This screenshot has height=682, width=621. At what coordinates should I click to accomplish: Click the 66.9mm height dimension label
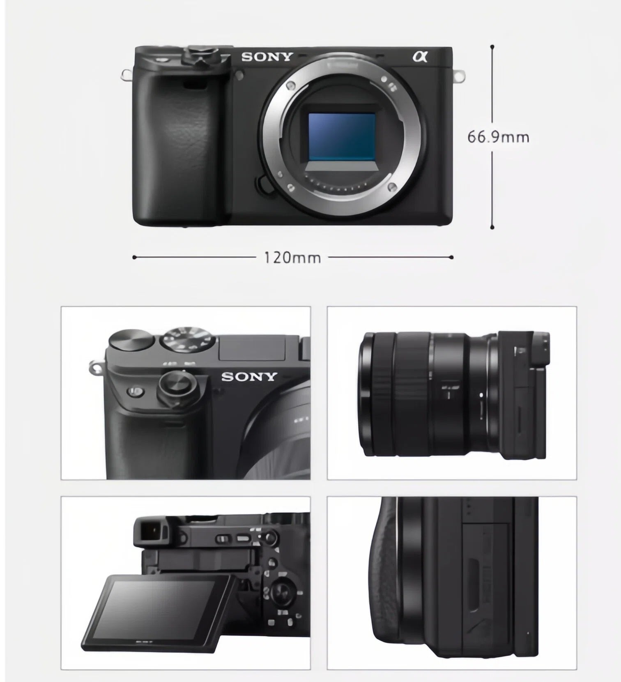pyautogui.click(x=498, y=137)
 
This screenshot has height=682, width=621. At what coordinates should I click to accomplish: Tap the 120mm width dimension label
pyautogui.click(x=292, y=258)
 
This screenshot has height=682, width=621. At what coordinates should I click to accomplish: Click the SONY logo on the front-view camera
pyautogui.click(x=267, y=57)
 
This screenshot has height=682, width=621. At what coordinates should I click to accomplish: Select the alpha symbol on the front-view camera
pyautogui.click(x=420, y=56)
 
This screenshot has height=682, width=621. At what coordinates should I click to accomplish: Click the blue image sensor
pyautogui.click(x=342, y=137)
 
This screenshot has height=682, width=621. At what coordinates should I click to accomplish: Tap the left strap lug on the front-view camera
pyautogui.click(x=126, y=74)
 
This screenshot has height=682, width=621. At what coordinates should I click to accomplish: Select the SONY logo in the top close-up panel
pyautogui.click(x=249, y=376)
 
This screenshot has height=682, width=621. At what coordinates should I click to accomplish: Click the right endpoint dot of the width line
pyautogui.click(x=451, y=258)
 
